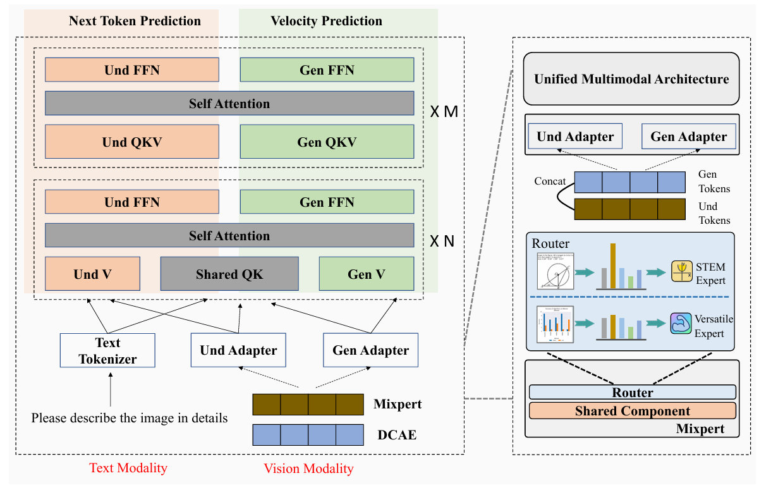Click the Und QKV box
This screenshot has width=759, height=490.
tap(131, 142)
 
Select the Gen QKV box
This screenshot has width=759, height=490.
tap(327, 142)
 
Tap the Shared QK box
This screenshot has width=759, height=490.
tap(229, 274)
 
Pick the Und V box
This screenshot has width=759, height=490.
tap(92, 274)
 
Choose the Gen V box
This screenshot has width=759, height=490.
tap(367, 274)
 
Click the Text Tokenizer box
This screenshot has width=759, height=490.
tap(107, 351)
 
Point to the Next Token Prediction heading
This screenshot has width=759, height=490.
tap(135, 21)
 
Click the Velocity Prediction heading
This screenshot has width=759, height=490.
tap(326, 21)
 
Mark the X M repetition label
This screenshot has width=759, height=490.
tap(444, 112)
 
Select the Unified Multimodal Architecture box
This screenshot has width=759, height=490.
tap(631, 79)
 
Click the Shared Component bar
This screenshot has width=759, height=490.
tap(632, 411)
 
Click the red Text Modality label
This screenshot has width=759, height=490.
tap(128, 468)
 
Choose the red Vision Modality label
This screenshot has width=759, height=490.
tap(308, 469)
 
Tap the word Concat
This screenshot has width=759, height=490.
tap(550, 181)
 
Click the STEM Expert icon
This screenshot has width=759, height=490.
tap(681, 271)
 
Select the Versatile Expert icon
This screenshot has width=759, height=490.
tap(681, 323)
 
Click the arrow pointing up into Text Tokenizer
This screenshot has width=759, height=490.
tap(111, 389)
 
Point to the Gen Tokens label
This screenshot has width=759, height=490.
tap(714, 181)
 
